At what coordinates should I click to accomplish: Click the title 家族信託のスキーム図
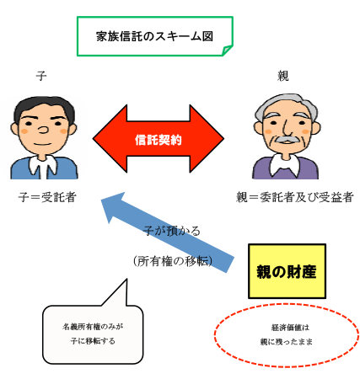154,36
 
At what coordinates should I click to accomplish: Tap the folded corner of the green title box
228,51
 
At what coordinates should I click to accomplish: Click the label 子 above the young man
41,76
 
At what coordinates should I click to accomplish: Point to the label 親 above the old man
283,76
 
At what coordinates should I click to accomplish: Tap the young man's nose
43,130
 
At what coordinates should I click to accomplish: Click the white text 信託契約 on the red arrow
159,140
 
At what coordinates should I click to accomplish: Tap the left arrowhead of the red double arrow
110,138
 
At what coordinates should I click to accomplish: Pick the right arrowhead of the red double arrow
207,138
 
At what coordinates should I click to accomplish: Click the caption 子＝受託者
47,197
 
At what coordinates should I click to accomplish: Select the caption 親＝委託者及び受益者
294,197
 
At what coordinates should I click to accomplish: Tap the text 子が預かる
172,231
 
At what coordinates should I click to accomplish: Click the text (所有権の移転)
173,261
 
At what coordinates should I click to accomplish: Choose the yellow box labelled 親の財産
287,271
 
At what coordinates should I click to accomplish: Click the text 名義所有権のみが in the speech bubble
93,327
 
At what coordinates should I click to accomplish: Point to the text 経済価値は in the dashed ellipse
290,328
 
